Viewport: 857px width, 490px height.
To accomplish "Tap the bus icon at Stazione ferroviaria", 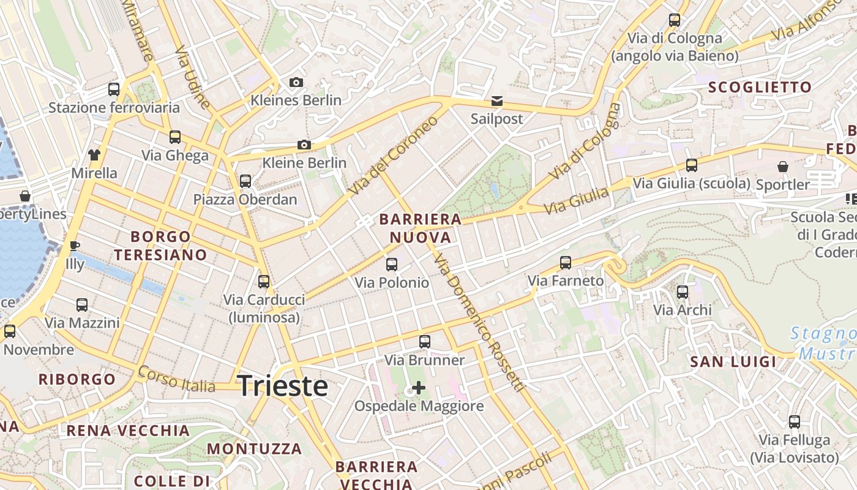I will (x=114, y=89).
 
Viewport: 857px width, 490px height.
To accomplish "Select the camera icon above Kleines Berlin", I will (x=296, y=82).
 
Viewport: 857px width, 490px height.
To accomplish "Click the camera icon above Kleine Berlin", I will (x=304, y=145).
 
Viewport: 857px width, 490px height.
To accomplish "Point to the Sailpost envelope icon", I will (x=496, y=100).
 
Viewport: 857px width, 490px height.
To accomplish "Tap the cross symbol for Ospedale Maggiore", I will (x=419, y=388).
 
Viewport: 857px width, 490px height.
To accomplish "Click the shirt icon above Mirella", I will (x=94, y=154).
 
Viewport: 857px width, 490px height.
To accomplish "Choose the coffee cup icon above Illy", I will (x=75, y=246).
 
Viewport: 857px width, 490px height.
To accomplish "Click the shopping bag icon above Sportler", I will (x=782, y=166).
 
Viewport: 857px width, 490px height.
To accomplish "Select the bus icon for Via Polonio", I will (x=392, y=265).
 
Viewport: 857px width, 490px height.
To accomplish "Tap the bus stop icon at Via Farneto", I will (x=566, y=263).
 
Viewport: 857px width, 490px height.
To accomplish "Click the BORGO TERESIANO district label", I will (x=160, y=246).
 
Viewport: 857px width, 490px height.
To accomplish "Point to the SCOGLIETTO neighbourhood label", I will (x=760, y=88).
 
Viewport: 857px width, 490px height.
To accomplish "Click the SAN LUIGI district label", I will (x=733, y=362).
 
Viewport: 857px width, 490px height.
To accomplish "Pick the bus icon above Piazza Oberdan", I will (x=245, y=181).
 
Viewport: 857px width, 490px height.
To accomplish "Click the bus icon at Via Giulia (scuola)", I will (x=692, y=165).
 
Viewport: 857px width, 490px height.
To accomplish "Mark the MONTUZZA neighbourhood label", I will (x=254, y=449).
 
